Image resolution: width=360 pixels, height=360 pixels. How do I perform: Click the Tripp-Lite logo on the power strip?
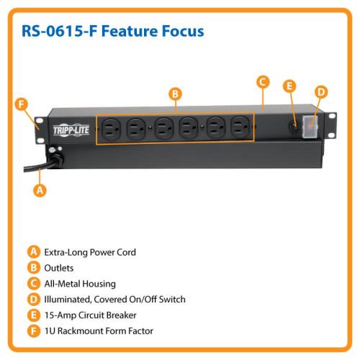click(71, 130)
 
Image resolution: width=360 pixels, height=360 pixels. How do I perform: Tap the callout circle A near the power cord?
click(40, 190)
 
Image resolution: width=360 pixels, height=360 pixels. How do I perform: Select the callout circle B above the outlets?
click(176, 94)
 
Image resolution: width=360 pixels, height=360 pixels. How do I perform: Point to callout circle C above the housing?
click(263, 82)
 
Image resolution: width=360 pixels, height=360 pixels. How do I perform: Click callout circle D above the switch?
click(321, 92)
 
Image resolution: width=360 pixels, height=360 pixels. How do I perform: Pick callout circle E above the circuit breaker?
click(289, 86)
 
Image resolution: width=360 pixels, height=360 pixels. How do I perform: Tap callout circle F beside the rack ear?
click(22, 104)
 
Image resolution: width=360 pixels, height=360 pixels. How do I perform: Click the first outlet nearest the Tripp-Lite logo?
click(111, 129)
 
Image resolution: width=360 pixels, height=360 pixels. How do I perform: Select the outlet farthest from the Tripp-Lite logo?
click(240, 127)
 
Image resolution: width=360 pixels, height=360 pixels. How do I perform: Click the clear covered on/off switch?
click(310, 127)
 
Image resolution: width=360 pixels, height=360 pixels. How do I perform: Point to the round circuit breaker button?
click(294, 125)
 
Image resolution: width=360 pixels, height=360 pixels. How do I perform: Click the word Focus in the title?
click(183, 31)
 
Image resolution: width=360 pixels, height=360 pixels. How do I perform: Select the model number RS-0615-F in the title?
click(60, 31)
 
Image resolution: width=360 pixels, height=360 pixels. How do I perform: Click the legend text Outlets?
click(59, 268)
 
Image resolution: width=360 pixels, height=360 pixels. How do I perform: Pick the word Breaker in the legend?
click(121, 315)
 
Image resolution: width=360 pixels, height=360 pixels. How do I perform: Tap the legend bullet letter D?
click(34, 300)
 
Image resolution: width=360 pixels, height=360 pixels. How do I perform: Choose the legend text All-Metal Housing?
click(80, 284)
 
